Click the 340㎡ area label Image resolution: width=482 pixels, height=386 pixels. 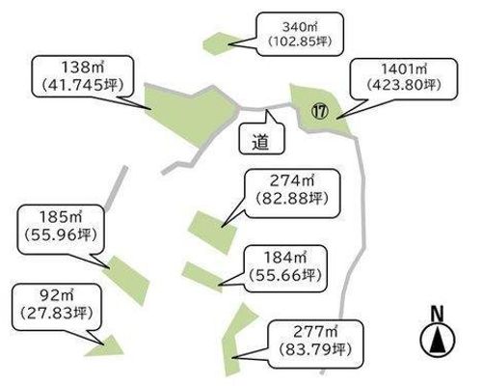click(300, 34)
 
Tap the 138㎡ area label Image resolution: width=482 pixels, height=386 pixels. click(82, 76)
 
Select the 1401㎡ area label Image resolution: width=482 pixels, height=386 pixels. click(404, 78)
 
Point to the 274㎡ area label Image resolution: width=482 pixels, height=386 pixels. click(292, 193)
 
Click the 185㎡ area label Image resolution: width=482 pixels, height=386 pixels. click(61, 230)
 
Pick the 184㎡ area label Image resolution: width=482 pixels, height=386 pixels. click(285, 268)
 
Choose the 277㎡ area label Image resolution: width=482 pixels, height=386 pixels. click(315, 344)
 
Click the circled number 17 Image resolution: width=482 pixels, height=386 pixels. click(319, 112)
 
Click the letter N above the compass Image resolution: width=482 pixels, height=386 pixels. click(438, 314)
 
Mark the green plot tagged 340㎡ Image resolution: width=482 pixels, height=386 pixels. click(219, 43)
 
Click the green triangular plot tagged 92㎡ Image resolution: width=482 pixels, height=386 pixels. click(107, 346)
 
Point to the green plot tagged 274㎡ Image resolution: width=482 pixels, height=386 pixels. click(212, 232)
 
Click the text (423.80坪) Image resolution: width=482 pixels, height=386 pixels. click(404, 85)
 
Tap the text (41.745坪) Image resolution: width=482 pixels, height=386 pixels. click(82, 85)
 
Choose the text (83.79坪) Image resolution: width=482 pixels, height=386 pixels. click(315, 349)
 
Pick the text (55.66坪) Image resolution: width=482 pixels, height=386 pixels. click(285, 275)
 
